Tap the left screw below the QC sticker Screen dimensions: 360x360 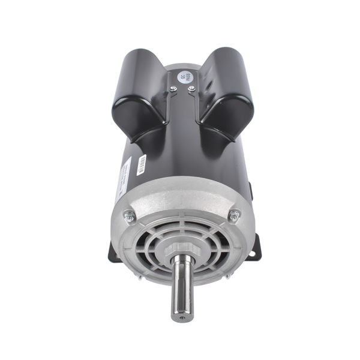pos(172,90)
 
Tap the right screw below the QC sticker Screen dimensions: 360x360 pos(191,90)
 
